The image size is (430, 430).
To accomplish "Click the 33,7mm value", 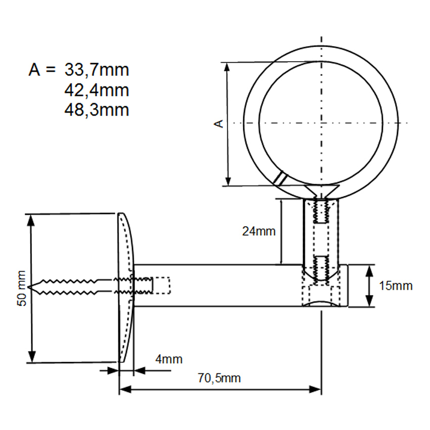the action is (x=97, y=70).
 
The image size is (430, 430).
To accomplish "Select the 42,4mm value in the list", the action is (x=97, y=90).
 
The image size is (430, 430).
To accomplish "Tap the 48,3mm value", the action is (x=97, y=110).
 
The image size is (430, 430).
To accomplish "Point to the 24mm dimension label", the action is (x=259, y=232).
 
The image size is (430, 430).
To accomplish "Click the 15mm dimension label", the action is (x=396, y=286).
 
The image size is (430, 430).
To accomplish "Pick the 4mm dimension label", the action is (x=168, y=359).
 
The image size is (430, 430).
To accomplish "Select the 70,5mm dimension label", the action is (x=219, y=378).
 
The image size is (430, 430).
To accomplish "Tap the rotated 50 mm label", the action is (x=21, y=288).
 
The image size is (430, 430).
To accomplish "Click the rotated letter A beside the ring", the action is (x=219, y=123).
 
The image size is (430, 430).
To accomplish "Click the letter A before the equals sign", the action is (x=34, y=70).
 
